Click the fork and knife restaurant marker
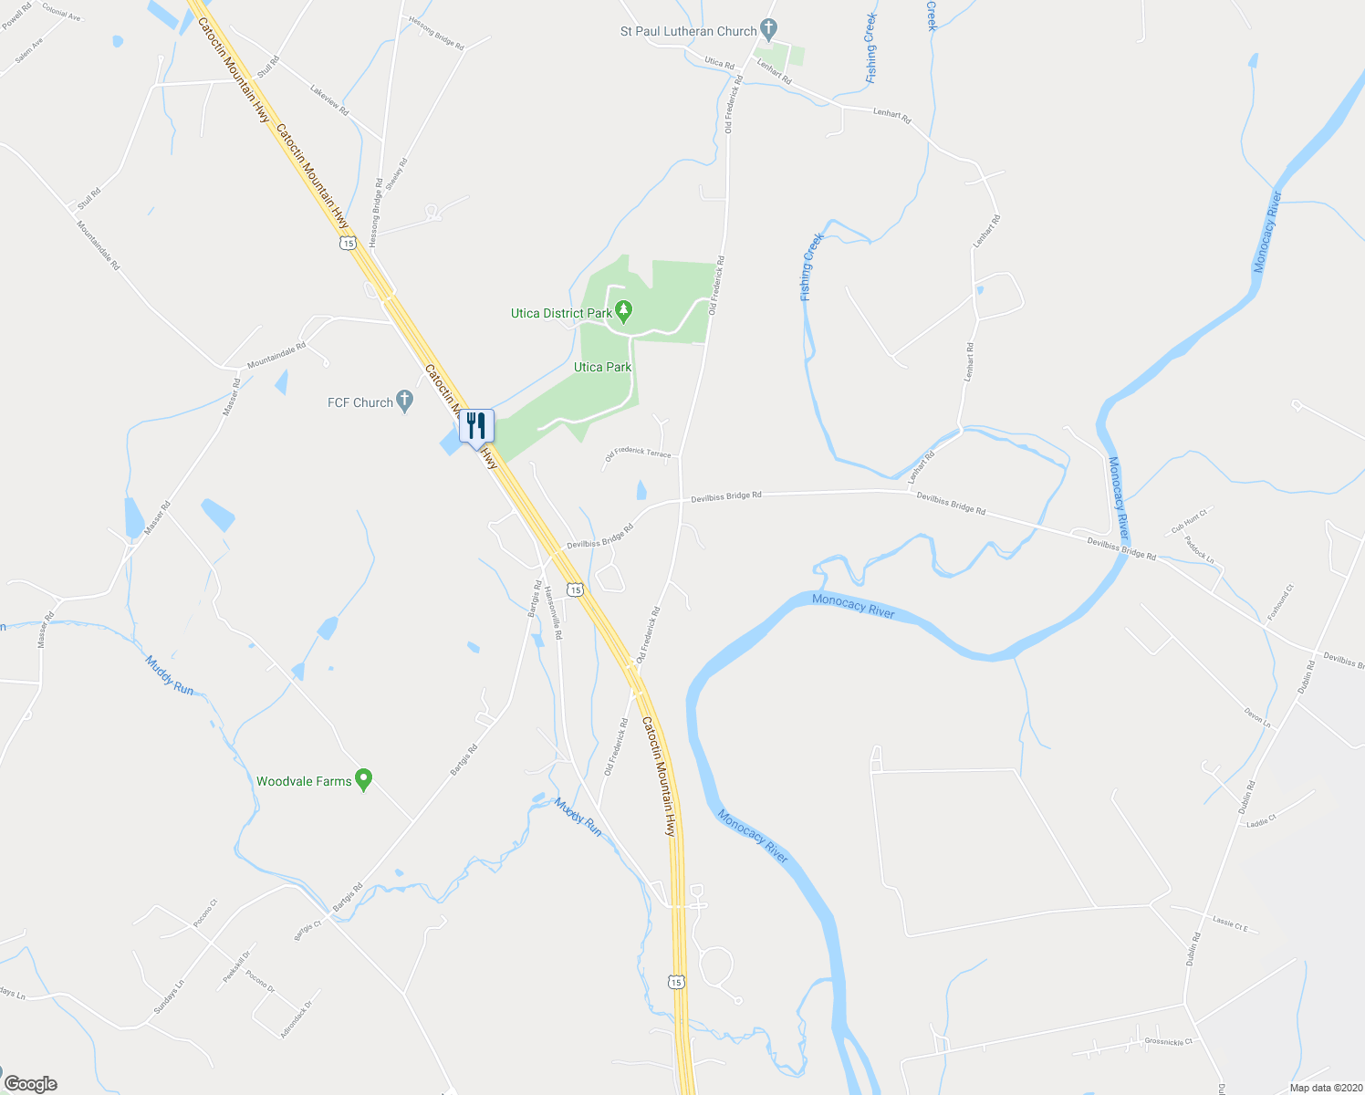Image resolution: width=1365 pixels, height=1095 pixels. [x=476, y=425]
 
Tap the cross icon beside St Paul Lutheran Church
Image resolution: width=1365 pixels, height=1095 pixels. [x=769, y=30]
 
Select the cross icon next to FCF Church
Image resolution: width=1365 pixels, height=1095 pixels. [x=405, y=401]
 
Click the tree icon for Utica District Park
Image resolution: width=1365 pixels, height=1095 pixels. [x=624, y=312]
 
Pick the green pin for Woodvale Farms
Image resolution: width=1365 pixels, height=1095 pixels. [x=364, y=780]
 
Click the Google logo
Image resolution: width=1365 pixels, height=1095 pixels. [x=31, y=1084]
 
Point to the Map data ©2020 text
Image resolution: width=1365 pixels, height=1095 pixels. [x=1324, y=1088]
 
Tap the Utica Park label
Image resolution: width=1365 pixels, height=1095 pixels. [x=602, y=367]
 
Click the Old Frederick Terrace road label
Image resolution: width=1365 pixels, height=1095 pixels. [x=638, y=453]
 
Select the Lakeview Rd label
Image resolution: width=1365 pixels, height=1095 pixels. [x=329, y=99]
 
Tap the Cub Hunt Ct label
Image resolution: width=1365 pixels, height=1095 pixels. [x=1189, y=522]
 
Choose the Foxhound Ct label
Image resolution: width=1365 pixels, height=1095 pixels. [x=1280, y=603]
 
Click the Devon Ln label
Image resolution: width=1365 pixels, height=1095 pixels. [x=1257, y=717]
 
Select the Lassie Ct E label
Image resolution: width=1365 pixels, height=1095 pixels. [x=1229, y=923]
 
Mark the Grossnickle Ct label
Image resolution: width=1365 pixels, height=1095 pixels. [x=1168, y=1041]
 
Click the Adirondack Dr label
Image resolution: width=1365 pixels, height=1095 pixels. [x=296, y=1018]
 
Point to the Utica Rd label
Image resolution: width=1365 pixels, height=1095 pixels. [x=719, y=63]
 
